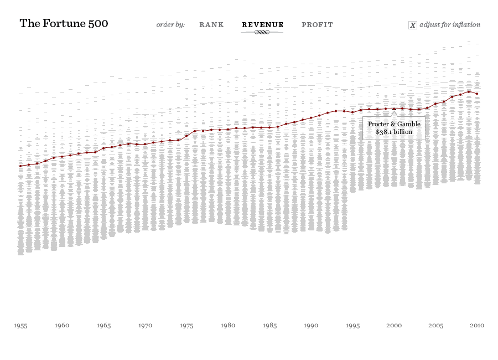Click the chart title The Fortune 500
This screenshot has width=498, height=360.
tap(64, 24)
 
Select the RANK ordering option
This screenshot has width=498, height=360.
tap(211, 25)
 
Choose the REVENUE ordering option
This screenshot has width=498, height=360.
tap(262, 25)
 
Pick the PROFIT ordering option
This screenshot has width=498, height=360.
tap(317, 25)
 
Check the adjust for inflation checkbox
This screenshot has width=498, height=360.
tap(412, 25)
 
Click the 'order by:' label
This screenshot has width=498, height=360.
tap(170, 25)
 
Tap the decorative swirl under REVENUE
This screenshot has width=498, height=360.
tap(262, 33)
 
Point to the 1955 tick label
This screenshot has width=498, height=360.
tap(20, 326)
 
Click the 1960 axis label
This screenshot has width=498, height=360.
tap(62, 326)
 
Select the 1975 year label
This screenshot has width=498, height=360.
tap(186, 326)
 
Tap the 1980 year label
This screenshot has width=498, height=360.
tap(228, 326)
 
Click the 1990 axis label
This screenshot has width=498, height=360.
tap(311, 326)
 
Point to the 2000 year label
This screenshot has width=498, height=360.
tap(394, 326)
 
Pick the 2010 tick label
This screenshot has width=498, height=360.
tap(477, 326)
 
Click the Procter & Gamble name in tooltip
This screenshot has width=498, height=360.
tap(394, 124)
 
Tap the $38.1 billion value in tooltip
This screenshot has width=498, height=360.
tap(394, 132)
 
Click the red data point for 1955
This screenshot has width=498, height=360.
tap(20, 166)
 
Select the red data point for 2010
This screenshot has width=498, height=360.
tap(477, 94)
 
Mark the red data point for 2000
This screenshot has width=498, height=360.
tap(394, 109)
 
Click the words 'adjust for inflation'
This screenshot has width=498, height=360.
tap(450, 25)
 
